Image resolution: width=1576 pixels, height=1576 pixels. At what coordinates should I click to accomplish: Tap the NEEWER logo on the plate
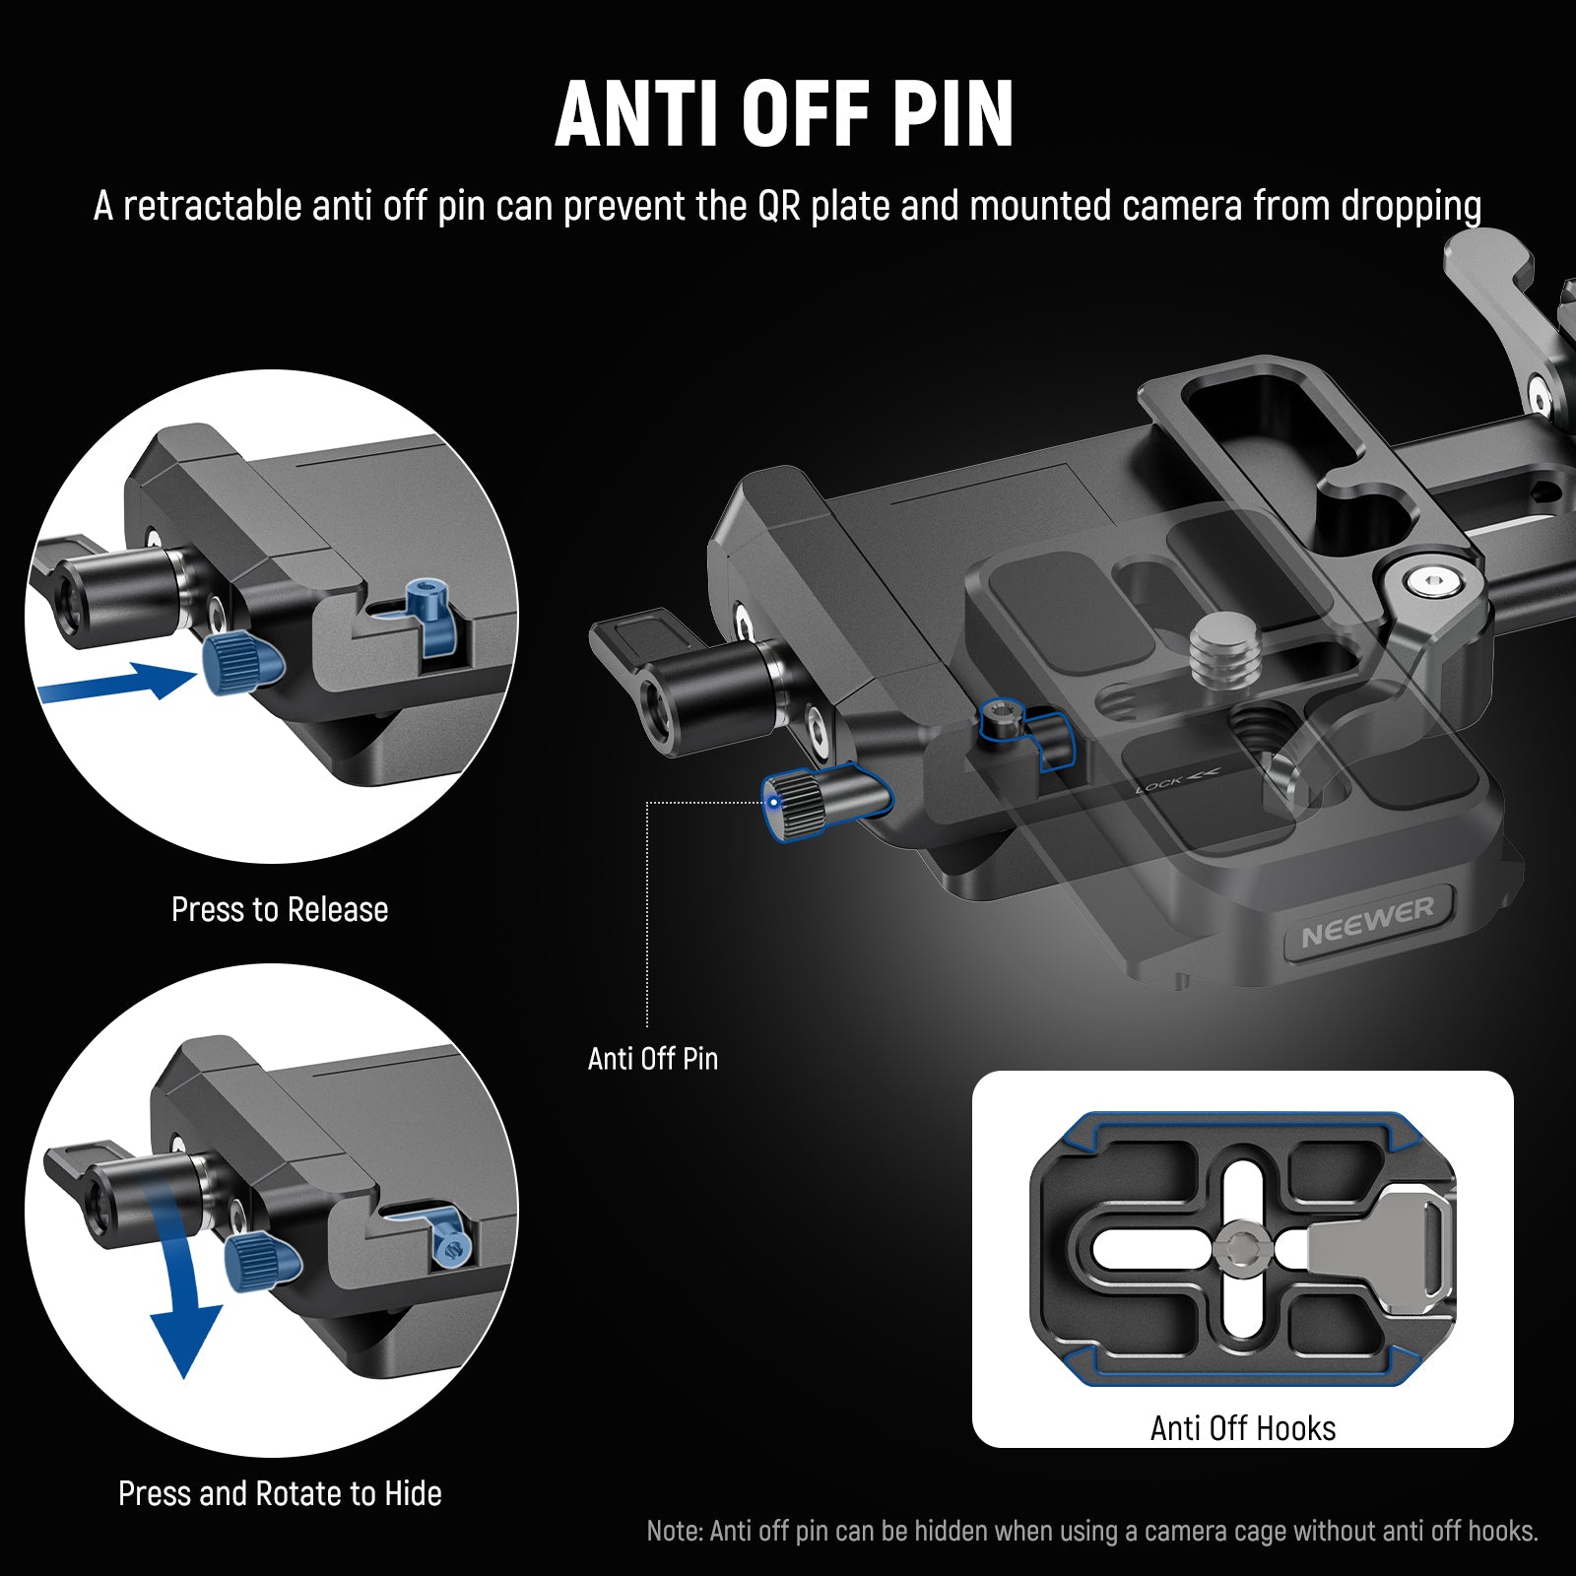[x=1367, y=923]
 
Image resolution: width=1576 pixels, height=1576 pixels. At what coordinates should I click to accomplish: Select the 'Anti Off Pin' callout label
[x=652, y=1059]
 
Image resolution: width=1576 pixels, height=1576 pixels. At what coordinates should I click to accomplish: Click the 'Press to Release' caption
[x=280, y=909]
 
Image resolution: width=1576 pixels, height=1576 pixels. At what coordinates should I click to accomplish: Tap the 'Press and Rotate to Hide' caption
[x=280, y=1493]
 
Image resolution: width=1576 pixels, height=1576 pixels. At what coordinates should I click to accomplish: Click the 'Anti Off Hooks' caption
[x=1242, y=1428]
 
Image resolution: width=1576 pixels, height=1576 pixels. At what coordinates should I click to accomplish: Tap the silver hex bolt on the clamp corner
[x=1432, y=583]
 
